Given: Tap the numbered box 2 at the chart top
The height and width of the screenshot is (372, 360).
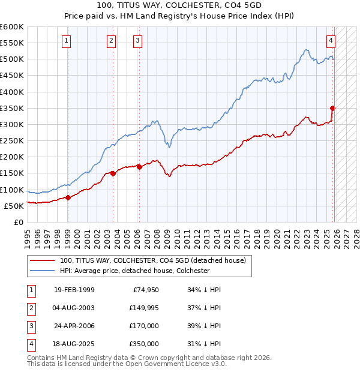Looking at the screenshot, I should pyautogui.click(x=112, y=41).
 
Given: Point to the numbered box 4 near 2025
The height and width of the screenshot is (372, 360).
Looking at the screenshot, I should pyautogui.click(x=331, y=41).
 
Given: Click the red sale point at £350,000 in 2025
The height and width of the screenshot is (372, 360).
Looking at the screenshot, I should pyautogui.click(x=333, y=108).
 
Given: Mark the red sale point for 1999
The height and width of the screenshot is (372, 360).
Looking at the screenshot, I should pyautogui.click(x=68, y=197).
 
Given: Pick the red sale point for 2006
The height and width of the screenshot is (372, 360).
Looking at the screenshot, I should pyautogui.click(x=139, y=167).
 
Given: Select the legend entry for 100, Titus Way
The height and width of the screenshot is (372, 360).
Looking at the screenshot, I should pyautogui.click(x=152, y=260).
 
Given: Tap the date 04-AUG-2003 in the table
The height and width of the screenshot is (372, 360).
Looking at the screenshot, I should pyautogui.click(x=74, y=308).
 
